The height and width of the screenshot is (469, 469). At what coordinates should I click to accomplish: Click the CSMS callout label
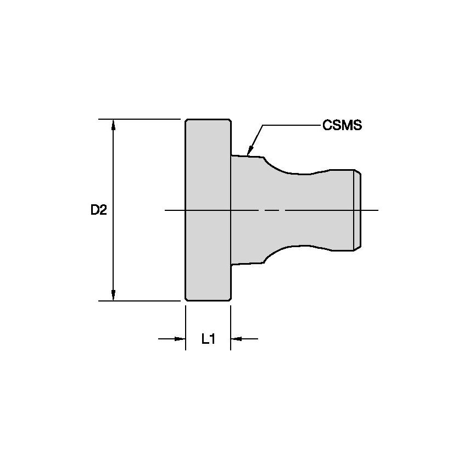point(342,125)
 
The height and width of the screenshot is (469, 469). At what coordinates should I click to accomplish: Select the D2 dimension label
point(99,210)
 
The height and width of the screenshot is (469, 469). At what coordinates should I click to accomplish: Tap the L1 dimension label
point(208,339)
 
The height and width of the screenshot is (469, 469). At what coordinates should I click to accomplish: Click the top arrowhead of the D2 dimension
point(114,124)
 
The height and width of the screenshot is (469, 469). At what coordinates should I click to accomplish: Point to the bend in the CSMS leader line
point(263,126)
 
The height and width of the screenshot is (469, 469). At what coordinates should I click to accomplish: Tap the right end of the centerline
point(377,210)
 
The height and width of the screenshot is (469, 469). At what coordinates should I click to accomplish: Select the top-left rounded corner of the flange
point(187,121)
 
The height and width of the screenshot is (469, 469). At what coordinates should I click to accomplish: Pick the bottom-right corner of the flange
point(228,299)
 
